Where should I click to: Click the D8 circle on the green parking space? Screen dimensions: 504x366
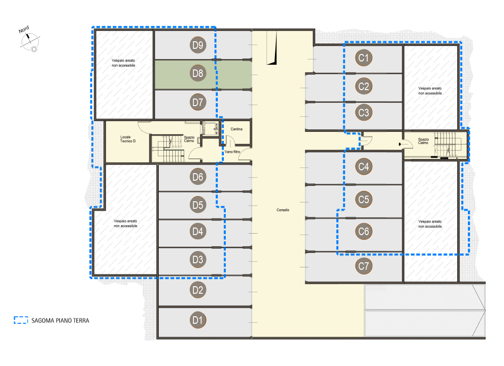[198, 73]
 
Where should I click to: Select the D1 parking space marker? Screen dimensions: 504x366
[198, 320]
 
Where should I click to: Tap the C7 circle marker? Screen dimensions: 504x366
[363, 266]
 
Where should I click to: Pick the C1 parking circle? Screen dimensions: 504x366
[363, 58]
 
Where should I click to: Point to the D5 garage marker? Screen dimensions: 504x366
[198, 205]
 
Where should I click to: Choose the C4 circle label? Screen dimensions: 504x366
[363, 167]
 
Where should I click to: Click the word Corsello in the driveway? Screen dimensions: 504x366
[283, 210]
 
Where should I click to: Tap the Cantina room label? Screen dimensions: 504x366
[237, 129]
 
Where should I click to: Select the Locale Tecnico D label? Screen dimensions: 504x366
[128, 139]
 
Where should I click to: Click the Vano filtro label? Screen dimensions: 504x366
[232, 152]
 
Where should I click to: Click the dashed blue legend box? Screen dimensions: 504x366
[21, 320]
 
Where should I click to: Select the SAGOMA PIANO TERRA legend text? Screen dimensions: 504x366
[60, 320]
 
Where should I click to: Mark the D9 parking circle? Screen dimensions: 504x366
[198, 45]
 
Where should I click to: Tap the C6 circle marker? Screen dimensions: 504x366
[363, 231]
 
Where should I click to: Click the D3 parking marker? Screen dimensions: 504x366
[198, 259]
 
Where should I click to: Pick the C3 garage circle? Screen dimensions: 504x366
[363, 112]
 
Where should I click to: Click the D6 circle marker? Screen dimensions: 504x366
[198, 177]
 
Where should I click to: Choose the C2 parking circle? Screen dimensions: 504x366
[363, 86]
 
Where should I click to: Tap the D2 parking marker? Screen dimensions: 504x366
[198, 290]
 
